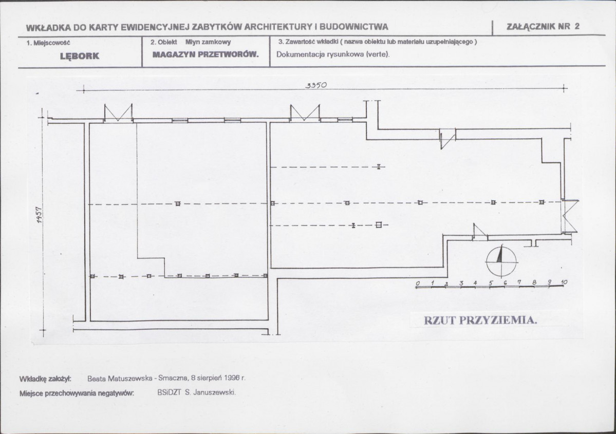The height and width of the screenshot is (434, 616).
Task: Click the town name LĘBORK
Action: click(79, 56)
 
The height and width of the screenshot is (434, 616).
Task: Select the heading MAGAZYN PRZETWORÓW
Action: click(206, 54)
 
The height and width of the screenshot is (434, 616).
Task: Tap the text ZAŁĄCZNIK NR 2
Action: click(543, 26)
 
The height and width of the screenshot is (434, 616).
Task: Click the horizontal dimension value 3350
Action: click(316, 85)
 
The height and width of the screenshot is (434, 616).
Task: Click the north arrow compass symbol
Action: click(501, 261)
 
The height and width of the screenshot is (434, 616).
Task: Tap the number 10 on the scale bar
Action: click(564, 282)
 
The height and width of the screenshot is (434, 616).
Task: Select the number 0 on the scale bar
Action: click(418, 283)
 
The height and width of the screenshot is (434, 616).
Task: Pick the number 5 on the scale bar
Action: click(491, 283)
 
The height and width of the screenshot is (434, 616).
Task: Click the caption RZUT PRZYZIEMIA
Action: click(480, 320)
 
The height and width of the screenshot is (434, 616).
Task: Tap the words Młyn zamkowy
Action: click(208, 42)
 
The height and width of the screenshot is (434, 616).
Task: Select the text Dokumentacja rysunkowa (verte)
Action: click(333, 54)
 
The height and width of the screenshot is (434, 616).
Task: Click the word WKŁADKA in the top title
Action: click(49, 28)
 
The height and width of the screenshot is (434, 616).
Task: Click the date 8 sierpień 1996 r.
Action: click(218, 378)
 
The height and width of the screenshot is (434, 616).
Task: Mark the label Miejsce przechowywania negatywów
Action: click(77, 393)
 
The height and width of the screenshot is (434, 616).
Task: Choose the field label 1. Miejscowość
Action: click(48, 43)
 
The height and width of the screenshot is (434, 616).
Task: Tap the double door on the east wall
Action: click(571, 216)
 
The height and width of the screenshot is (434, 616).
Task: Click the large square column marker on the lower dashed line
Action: click(378, 224)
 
